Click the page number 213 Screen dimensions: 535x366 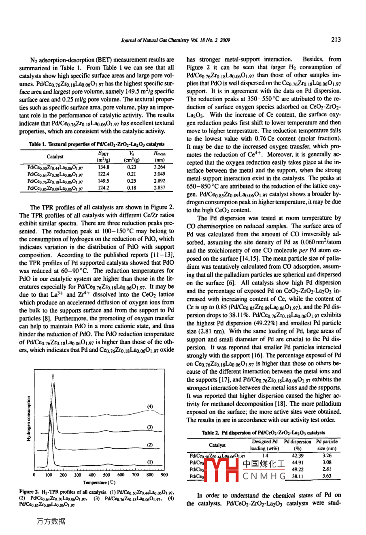[336, 39]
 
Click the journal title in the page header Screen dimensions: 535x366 [175, 40]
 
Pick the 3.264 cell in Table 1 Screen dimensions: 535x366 [160, 167]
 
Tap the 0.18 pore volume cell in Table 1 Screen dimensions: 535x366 [132, 188]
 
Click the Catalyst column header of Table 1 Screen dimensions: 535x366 [55, 156]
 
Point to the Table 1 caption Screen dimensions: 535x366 [97, 144]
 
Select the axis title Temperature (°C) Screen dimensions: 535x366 [99, 482]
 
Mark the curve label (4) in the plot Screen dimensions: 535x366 [150, 406]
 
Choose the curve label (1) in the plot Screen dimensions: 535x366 [150, 462]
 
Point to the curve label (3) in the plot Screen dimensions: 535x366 [150, 427]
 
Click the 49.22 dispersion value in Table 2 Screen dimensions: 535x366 [298, 469]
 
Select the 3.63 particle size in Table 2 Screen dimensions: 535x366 [327, 476]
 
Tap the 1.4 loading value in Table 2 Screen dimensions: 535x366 [265, 455]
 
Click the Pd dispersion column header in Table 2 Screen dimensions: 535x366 [298, 445]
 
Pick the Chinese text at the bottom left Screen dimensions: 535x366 [51, 521]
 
